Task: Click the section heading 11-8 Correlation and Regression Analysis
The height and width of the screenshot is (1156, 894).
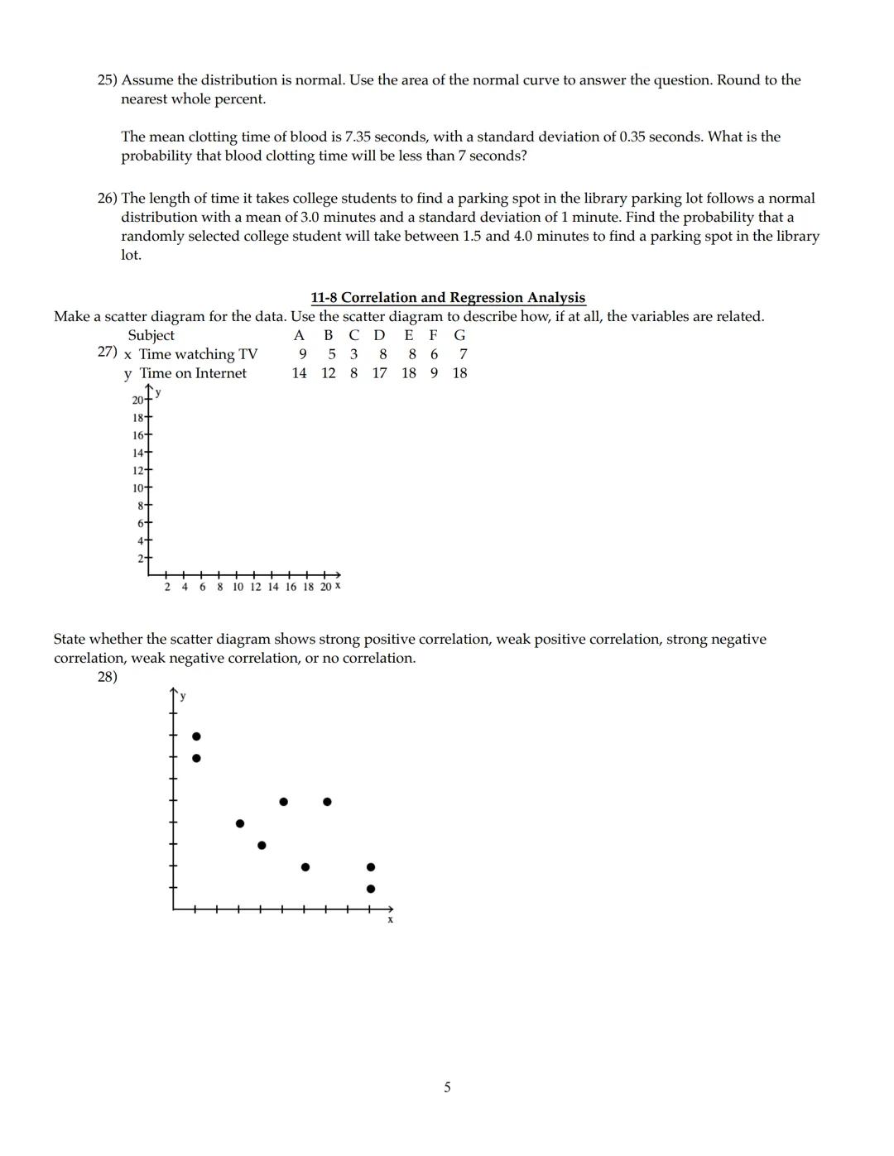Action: point(448,297)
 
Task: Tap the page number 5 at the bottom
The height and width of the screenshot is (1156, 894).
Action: point(447,1086)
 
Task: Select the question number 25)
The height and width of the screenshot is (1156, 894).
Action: point(108,80)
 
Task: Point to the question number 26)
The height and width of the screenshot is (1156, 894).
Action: point(108,199)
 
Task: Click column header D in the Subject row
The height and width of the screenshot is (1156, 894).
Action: point(379,335)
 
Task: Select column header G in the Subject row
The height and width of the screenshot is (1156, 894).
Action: point(459,335)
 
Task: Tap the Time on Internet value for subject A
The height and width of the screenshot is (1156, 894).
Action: point(299,373)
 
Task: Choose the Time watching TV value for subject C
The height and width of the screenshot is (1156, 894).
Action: point(353,354)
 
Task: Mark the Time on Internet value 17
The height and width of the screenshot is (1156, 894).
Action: point(379,373)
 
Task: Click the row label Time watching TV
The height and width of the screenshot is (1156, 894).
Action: point(198,354)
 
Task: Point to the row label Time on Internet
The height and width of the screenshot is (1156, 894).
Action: point(193,373)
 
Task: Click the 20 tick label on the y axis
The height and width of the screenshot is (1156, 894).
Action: point(137,401)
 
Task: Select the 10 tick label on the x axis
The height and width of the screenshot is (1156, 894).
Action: point(238,587)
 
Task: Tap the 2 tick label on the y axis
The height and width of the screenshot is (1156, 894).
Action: point(141,559)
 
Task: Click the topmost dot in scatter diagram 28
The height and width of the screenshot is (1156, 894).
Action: point(196,736)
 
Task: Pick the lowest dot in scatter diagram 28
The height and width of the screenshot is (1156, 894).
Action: point(370,889)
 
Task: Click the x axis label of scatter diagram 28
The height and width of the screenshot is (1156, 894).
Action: point(390,919)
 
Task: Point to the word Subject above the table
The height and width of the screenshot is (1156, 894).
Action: point(151,335)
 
